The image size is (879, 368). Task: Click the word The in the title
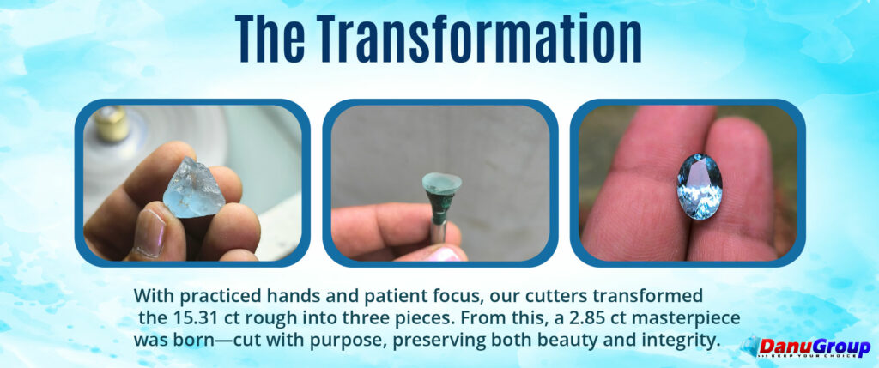[x=270, y=39]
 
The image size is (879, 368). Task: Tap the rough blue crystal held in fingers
[x=194, y=188]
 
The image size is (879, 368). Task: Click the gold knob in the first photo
[x=112, y=122]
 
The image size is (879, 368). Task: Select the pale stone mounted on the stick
[x=442, y=183]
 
